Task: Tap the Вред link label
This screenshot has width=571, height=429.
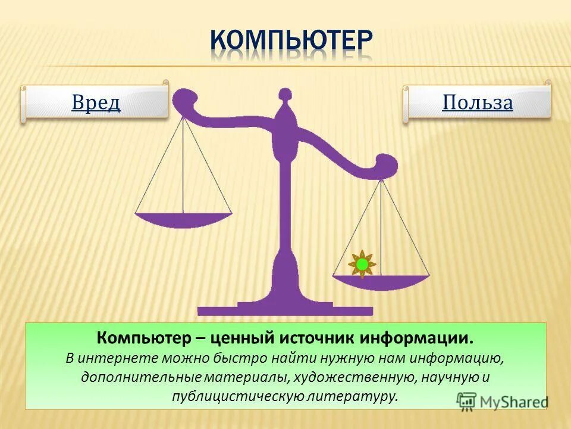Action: point(96,102)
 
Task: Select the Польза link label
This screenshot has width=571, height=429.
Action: point(477,102)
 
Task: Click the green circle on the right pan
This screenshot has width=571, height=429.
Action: point(362,264)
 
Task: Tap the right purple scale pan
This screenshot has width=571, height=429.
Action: point(381,282)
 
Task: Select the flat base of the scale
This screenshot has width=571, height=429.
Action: point(285,310)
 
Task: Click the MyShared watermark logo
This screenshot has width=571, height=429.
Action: point(503,401)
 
